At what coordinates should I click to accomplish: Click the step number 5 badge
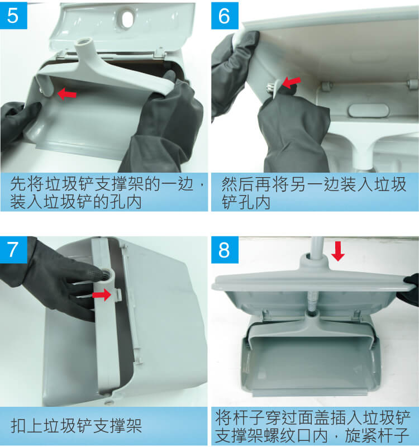(13, 16)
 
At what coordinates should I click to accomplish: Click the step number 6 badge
(225, 16)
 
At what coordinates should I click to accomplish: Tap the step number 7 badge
(13, 250)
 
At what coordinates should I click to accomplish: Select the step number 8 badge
(225, 250)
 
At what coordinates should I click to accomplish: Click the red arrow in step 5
(67, 94)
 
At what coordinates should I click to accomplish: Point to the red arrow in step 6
(291, 82)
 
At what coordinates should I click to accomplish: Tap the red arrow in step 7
(102, 294)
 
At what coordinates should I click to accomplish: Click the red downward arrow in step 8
(338, 251)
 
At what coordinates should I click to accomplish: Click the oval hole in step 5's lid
(127, 20)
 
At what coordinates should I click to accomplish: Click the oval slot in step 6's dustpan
(368, 111)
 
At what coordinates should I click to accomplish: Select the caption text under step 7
(77, 426)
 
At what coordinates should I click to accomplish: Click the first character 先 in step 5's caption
(18, 184)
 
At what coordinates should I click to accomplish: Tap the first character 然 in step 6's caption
(229, 184)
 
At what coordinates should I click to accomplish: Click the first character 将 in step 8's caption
(223, 417)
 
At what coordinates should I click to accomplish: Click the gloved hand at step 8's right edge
(411, 288)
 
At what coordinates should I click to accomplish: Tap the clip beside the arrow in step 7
(118, 294)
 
